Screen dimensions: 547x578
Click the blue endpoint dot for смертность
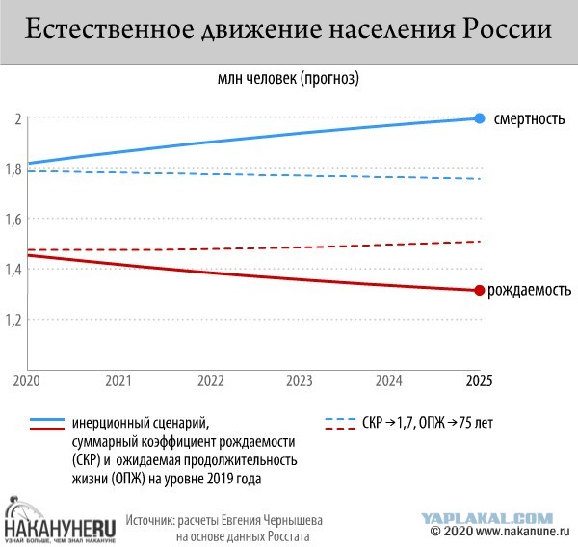(480, 118)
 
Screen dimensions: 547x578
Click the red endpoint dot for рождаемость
(480, 290)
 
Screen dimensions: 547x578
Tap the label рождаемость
(531, 290)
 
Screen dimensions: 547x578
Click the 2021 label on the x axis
(118, 381)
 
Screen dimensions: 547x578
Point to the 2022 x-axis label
(210, 381)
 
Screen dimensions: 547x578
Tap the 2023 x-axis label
(300, 381)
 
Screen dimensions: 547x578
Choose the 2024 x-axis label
(389, 381)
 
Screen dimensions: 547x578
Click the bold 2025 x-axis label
(478, 381)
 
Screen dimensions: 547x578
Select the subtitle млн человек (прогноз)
(288, 76)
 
